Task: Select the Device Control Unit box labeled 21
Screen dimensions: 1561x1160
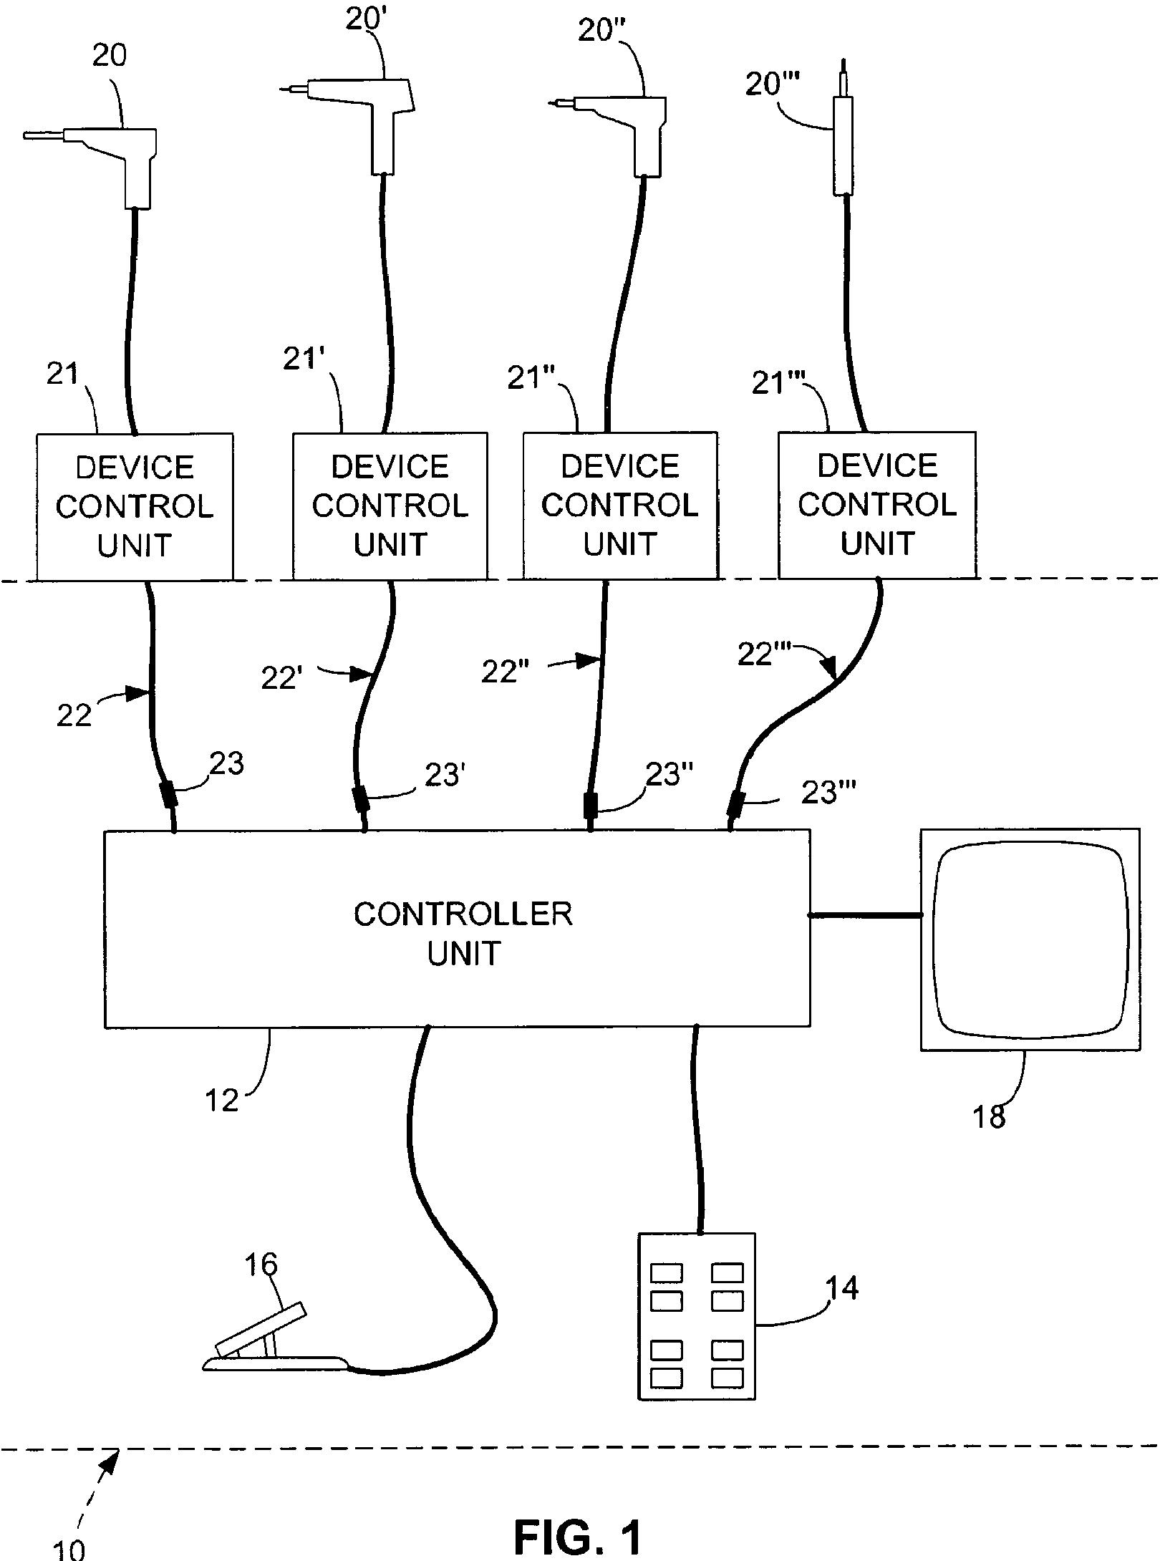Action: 135,506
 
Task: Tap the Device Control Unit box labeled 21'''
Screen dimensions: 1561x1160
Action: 876,505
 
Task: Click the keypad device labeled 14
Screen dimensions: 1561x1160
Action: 696,1325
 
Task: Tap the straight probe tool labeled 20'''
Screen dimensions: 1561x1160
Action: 844,143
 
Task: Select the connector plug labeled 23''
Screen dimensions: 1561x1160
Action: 591,805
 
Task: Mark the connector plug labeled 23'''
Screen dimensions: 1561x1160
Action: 735,803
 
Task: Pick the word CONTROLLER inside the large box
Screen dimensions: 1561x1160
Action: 463,915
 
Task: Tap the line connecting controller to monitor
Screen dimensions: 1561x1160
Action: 865,915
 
